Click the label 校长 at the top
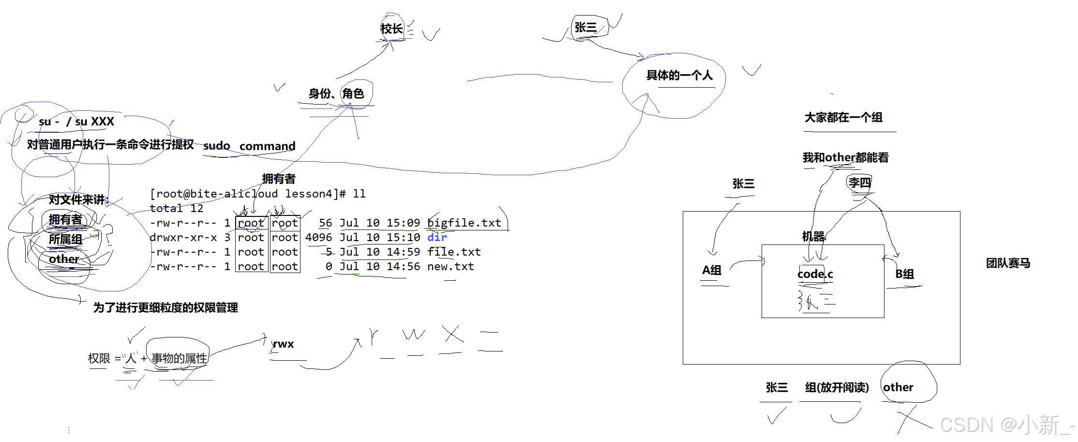tap(391, 29)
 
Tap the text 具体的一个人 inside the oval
tap(679, 75)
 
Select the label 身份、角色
tap(336, 93)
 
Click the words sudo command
tap(249, 146)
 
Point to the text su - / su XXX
tap(76, 122)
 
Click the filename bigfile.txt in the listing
tap(464, 223)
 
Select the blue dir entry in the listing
tap(437, 237)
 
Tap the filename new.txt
tap(450, 266)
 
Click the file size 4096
tap(318, 237)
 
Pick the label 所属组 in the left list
tap(65, 239)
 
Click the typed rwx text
tap(283, 344)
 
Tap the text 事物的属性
tap(179, 358)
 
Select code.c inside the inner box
tap(815, 274)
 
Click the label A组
tap(712, 270)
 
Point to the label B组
tap(904, 274)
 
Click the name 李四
tap(859, 183)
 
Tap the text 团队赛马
tap(1008, 263)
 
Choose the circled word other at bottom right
tap(898, 387)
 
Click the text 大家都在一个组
tap(843, 117)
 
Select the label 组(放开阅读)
tap(837, 387)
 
